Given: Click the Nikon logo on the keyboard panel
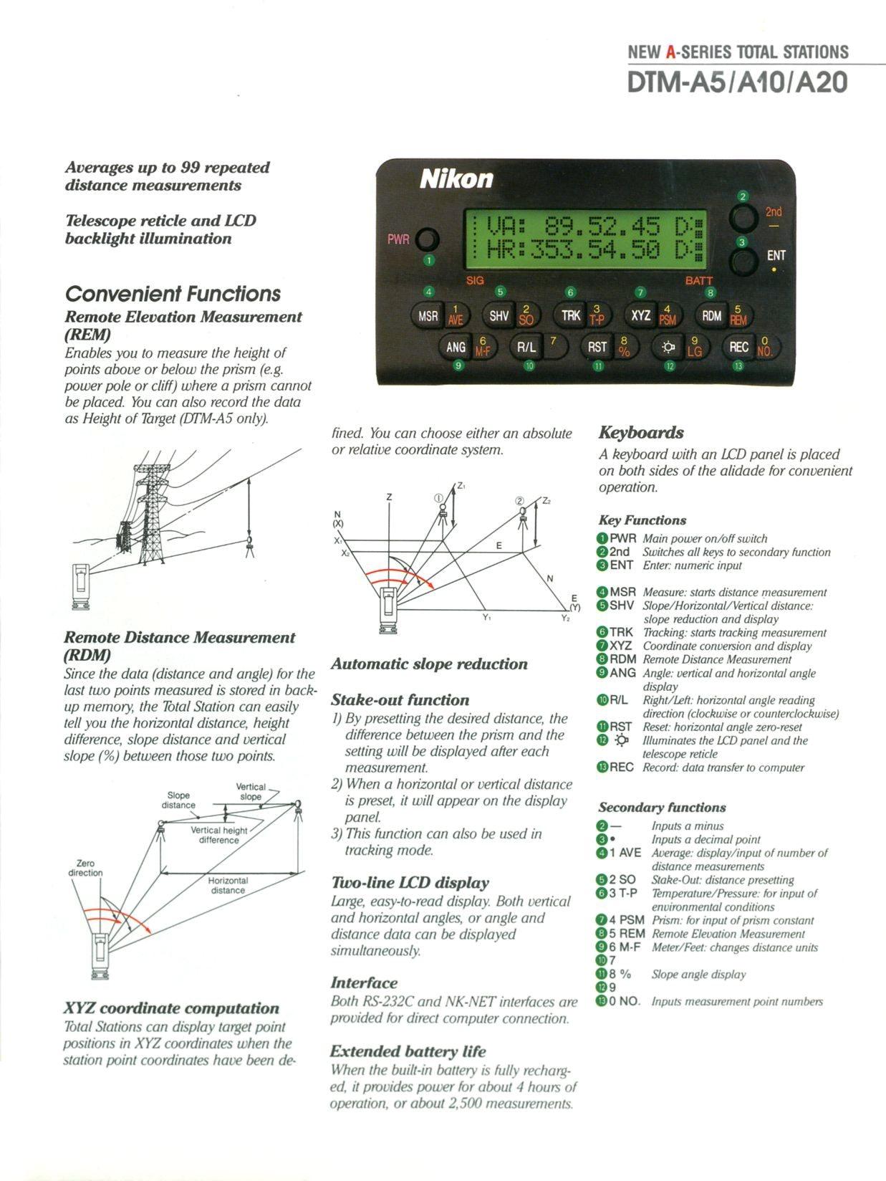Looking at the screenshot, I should (x=456, y=178).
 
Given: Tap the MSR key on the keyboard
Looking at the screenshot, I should (x=428, y=315).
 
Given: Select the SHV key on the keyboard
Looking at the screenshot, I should (x=499, y=315).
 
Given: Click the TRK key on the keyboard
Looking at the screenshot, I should (x=571, y=315).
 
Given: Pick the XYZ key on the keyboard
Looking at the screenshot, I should (x=641, y=315).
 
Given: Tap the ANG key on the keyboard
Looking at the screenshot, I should (x=456, y=348).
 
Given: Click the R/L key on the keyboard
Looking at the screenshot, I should (x=526, y=348).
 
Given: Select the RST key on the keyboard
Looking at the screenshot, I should (x=597, y=348).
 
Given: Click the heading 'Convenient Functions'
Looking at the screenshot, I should (x=173, y=294).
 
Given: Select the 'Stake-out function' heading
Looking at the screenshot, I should (x=400, y=700).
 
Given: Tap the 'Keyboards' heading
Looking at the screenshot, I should (x=641, y=433).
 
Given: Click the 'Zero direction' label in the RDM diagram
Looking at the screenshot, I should (x=85, y=868).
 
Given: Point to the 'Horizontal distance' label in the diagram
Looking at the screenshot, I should (x=228, y=885).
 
